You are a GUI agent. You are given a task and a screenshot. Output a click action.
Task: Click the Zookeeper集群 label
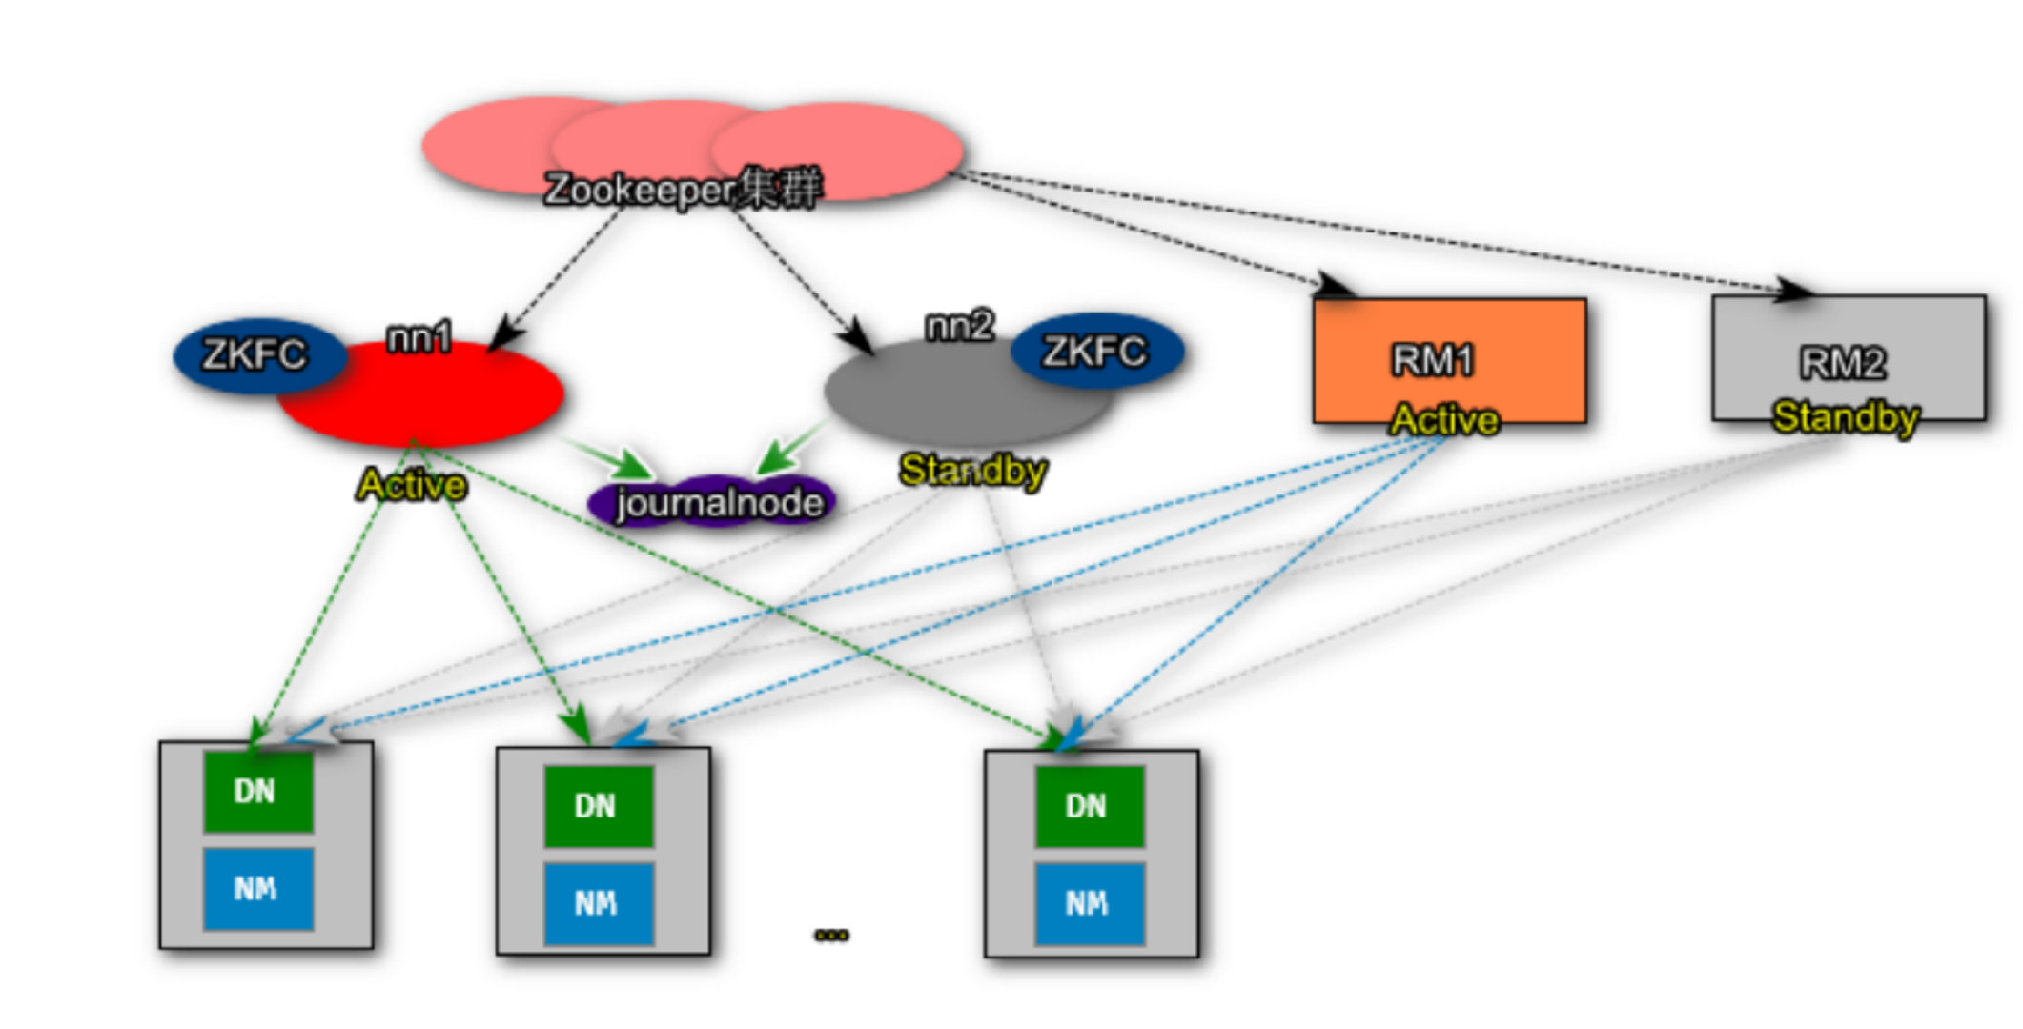tap(681, 188)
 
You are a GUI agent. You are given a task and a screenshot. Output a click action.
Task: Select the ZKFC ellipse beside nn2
tap(1095, 352)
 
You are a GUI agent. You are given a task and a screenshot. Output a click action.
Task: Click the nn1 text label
tap(419, 336)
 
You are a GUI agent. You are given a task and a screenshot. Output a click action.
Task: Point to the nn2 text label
tap(959, 326)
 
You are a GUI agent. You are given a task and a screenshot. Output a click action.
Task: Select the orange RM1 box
tap(1449, 359)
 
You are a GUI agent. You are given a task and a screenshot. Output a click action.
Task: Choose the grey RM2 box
tap(1848, 357)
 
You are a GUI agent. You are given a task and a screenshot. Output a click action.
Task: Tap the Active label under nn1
tap(412, 485)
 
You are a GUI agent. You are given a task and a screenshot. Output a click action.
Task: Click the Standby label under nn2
tap(972, 470)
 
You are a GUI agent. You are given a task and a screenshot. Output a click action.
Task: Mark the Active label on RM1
tap(1444, 419)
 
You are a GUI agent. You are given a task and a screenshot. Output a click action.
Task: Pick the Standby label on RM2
tap(1846, 416)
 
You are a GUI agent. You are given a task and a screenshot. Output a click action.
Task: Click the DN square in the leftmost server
tap(257, 791)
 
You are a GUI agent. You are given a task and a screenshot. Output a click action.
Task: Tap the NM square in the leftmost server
tap(257, 889)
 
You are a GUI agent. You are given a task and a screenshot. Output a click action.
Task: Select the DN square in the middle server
tap(599, 806)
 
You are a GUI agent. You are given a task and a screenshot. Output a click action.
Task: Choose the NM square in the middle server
tap(599, 903)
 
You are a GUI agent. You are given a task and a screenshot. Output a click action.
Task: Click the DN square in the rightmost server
tap(1089, 806)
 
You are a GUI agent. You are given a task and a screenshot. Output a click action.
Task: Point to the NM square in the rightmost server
tap(1089, 903)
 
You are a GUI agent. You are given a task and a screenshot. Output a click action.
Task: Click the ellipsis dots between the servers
tap(831, 935)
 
